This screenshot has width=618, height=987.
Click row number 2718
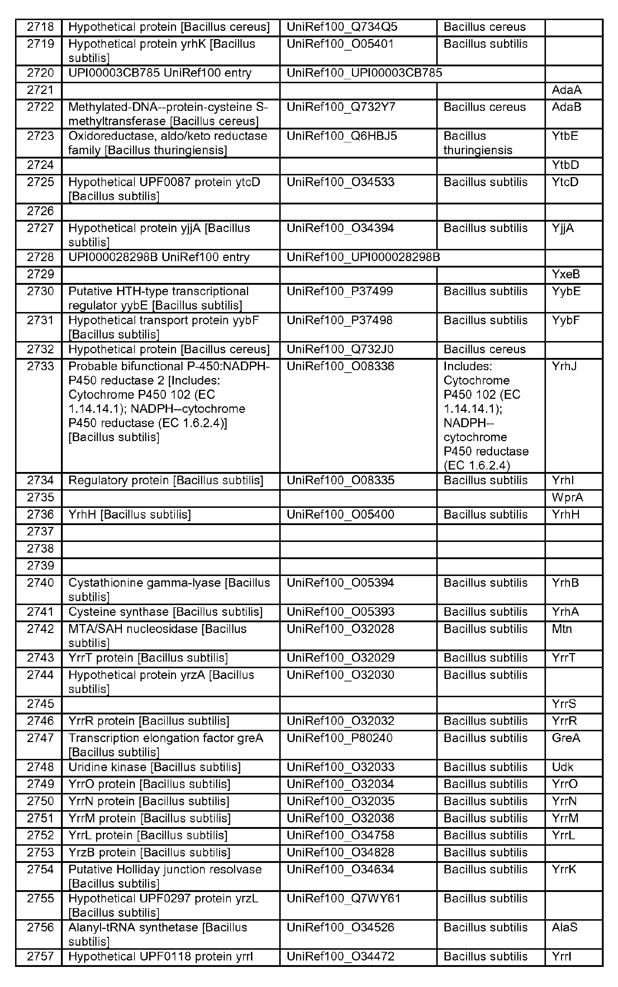click(x=40, y=27)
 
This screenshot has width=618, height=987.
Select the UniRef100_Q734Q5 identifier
click(x=342, y=27)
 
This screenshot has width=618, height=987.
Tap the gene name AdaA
click(x=566, y=90)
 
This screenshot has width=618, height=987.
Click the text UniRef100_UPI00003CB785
click(x=364, y=73)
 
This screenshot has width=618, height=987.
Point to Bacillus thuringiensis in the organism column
click(x=477, y=143)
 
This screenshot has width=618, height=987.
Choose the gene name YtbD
click(x=565, y=165)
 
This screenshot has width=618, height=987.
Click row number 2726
click(x=40, y=211)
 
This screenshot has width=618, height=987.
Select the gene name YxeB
click(x=566, y=274)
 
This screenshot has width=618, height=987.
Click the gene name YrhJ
click(x=564, y=366)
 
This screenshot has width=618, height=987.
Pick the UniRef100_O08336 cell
click(x=341, y=366)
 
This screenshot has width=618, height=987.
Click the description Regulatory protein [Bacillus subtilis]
click(x=166, y=481)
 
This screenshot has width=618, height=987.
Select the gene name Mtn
click(x=562, y=629)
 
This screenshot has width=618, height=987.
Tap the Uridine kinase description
click(x=154, y=767)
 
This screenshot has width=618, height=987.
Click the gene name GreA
click(x=566, y=738)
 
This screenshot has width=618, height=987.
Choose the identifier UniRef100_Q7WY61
click(x=343, y=898)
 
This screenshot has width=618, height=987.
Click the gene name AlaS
click(x=565, y=927)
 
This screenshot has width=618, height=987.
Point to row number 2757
click(x=40, y=956)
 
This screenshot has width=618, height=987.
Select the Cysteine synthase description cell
click(x=165, y=612)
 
